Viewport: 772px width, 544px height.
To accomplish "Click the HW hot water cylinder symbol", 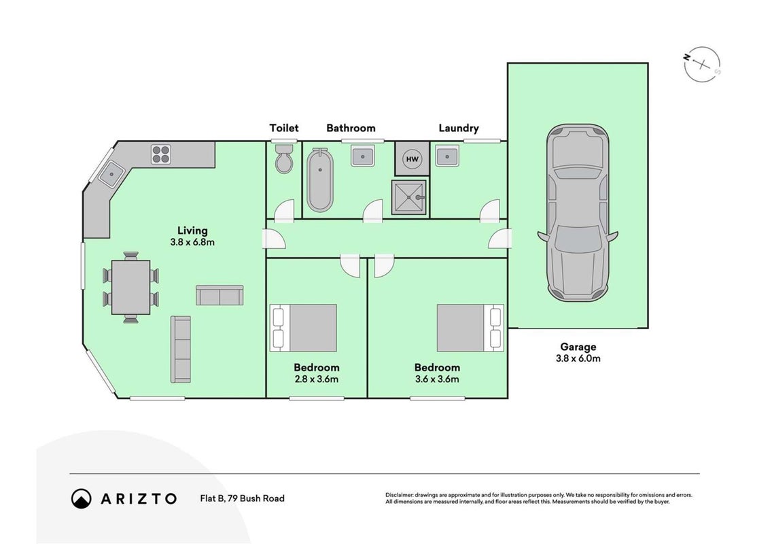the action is [x=412, y=158].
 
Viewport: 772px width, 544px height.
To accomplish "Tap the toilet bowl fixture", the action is [x=284, y=158].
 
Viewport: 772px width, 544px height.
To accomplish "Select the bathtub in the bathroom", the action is [x=320, y=180].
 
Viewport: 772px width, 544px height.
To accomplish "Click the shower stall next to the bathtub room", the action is [x=408, y=197].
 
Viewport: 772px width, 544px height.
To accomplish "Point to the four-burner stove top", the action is [x=160, y=154].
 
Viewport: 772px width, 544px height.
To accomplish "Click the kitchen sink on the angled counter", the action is [x=111, y=174].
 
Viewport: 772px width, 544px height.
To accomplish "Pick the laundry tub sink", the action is [x=447, y=156].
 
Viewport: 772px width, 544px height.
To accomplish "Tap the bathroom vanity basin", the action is [x=363, y=156].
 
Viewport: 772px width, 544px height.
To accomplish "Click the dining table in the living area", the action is [x=130, y=287].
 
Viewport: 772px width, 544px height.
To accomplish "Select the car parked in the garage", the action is [x=578, y=212].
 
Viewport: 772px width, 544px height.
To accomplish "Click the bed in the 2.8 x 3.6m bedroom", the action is [x=303, y=328].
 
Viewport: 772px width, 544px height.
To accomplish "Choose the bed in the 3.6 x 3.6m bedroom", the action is [x=470, y=328].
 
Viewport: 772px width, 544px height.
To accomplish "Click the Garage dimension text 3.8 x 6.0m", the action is [x=578, y=359].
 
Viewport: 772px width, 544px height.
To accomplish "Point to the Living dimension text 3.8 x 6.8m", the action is [x=192, y=242].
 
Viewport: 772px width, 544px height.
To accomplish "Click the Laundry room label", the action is [x=458, y=128].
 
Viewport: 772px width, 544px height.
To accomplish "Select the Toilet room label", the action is [x=284, y=128].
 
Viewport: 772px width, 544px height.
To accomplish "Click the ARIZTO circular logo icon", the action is [x=82, y=498].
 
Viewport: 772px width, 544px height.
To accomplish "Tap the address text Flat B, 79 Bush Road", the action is [x=242, y=498].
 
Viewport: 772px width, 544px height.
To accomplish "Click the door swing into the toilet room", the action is [x=285, y=210].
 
